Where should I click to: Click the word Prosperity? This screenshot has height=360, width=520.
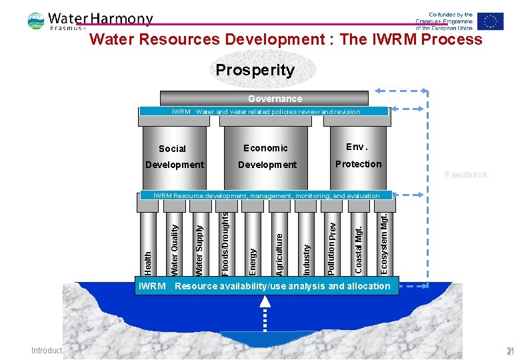click(x=255, y=70)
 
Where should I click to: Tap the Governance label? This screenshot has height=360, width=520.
click(x=275, y=99)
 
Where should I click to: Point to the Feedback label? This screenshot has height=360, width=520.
click(x=466, y=175)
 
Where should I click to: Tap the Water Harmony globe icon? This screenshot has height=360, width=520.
click(x=36, y=21)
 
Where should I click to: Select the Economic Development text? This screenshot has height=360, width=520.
click(x=267, y=156)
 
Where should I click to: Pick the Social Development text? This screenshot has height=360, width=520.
click(x=174, y=157)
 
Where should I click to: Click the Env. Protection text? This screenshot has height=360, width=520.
click(x=358, y=155)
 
